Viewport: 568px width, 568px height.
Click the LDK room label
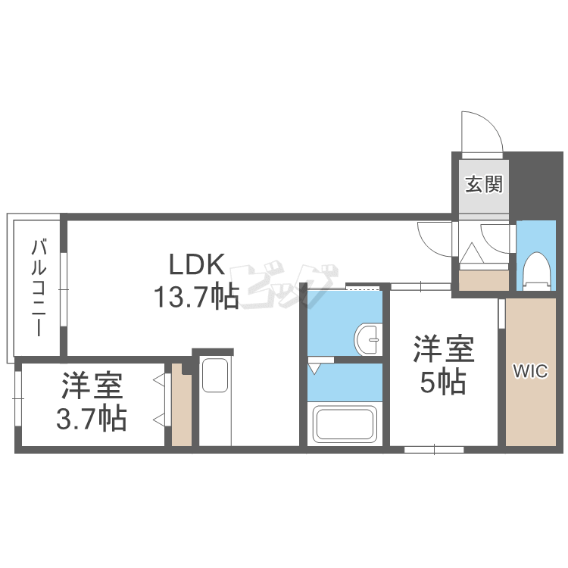coord(196,265)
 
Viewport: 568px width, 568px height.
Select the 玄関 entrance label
coord(483,183)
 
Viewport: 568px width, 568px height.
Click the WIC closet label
coord(531,371)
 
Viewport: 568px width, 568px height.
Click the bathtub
coord(345,425)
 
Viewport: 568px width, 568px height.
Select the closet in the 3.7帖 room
coord(181,406)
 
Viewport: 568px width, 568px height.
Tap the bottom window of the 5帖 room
coord(434,449)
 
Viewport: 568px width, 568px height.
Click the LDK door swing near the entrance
coord(434,236)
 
